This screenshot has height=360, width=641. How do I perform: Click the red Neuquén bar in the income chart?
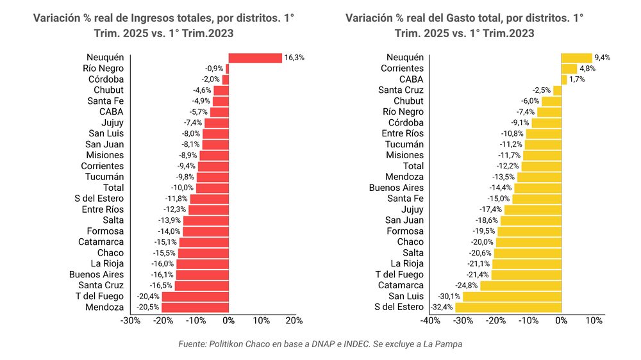click(255, 58)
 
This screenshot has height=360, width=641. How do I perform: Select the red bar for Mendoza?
click(195, 307)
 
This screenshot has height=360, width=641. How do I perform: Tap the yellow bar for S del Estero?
click(508, 307)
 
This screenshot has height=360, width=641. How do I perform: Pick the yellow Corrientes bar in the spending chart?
click(569, 69)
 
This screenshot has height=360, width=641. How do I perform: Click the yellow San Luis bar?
click(512, 297)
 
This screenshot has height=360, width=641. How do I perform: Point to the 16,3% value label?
click(294, 58)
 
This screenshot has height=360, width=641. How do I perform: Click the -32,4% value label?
click(441, 307)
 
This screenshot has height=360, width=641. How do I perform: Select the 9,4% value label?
click(603, 58)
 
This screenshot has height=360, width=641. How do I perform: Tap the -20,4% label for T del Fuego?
click(148, 297)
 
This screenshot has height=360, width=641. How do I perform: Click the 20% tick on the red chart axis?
click(294, 320)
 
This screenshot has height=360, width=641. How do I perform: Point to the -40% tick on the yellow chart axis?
click(430, 320)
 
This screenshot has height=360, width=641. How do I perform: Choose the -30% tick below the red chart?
click(130, 320)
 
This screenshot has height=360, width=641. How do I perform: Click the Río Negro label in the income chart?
click(103, 69)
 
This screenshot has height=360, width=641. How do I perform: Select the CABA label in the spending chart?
click(411, 79)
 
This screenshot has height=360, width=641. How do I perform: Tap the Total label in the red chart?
click(113, 188)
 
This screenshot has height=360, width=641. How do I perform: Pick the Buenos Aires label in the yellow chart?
click(396, 188)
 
